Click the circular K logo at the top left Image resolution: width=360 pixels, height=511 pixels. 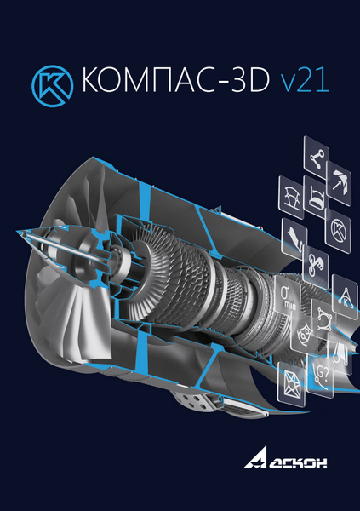pyautogui.click(x=50, y=83)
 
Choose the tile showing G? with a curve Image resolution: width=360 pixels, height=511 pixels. pyautogui.click(x=322, y=370)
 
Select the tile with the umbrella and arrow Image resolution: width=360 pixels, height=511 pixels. pyautogui.click(x=340, y=180)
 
